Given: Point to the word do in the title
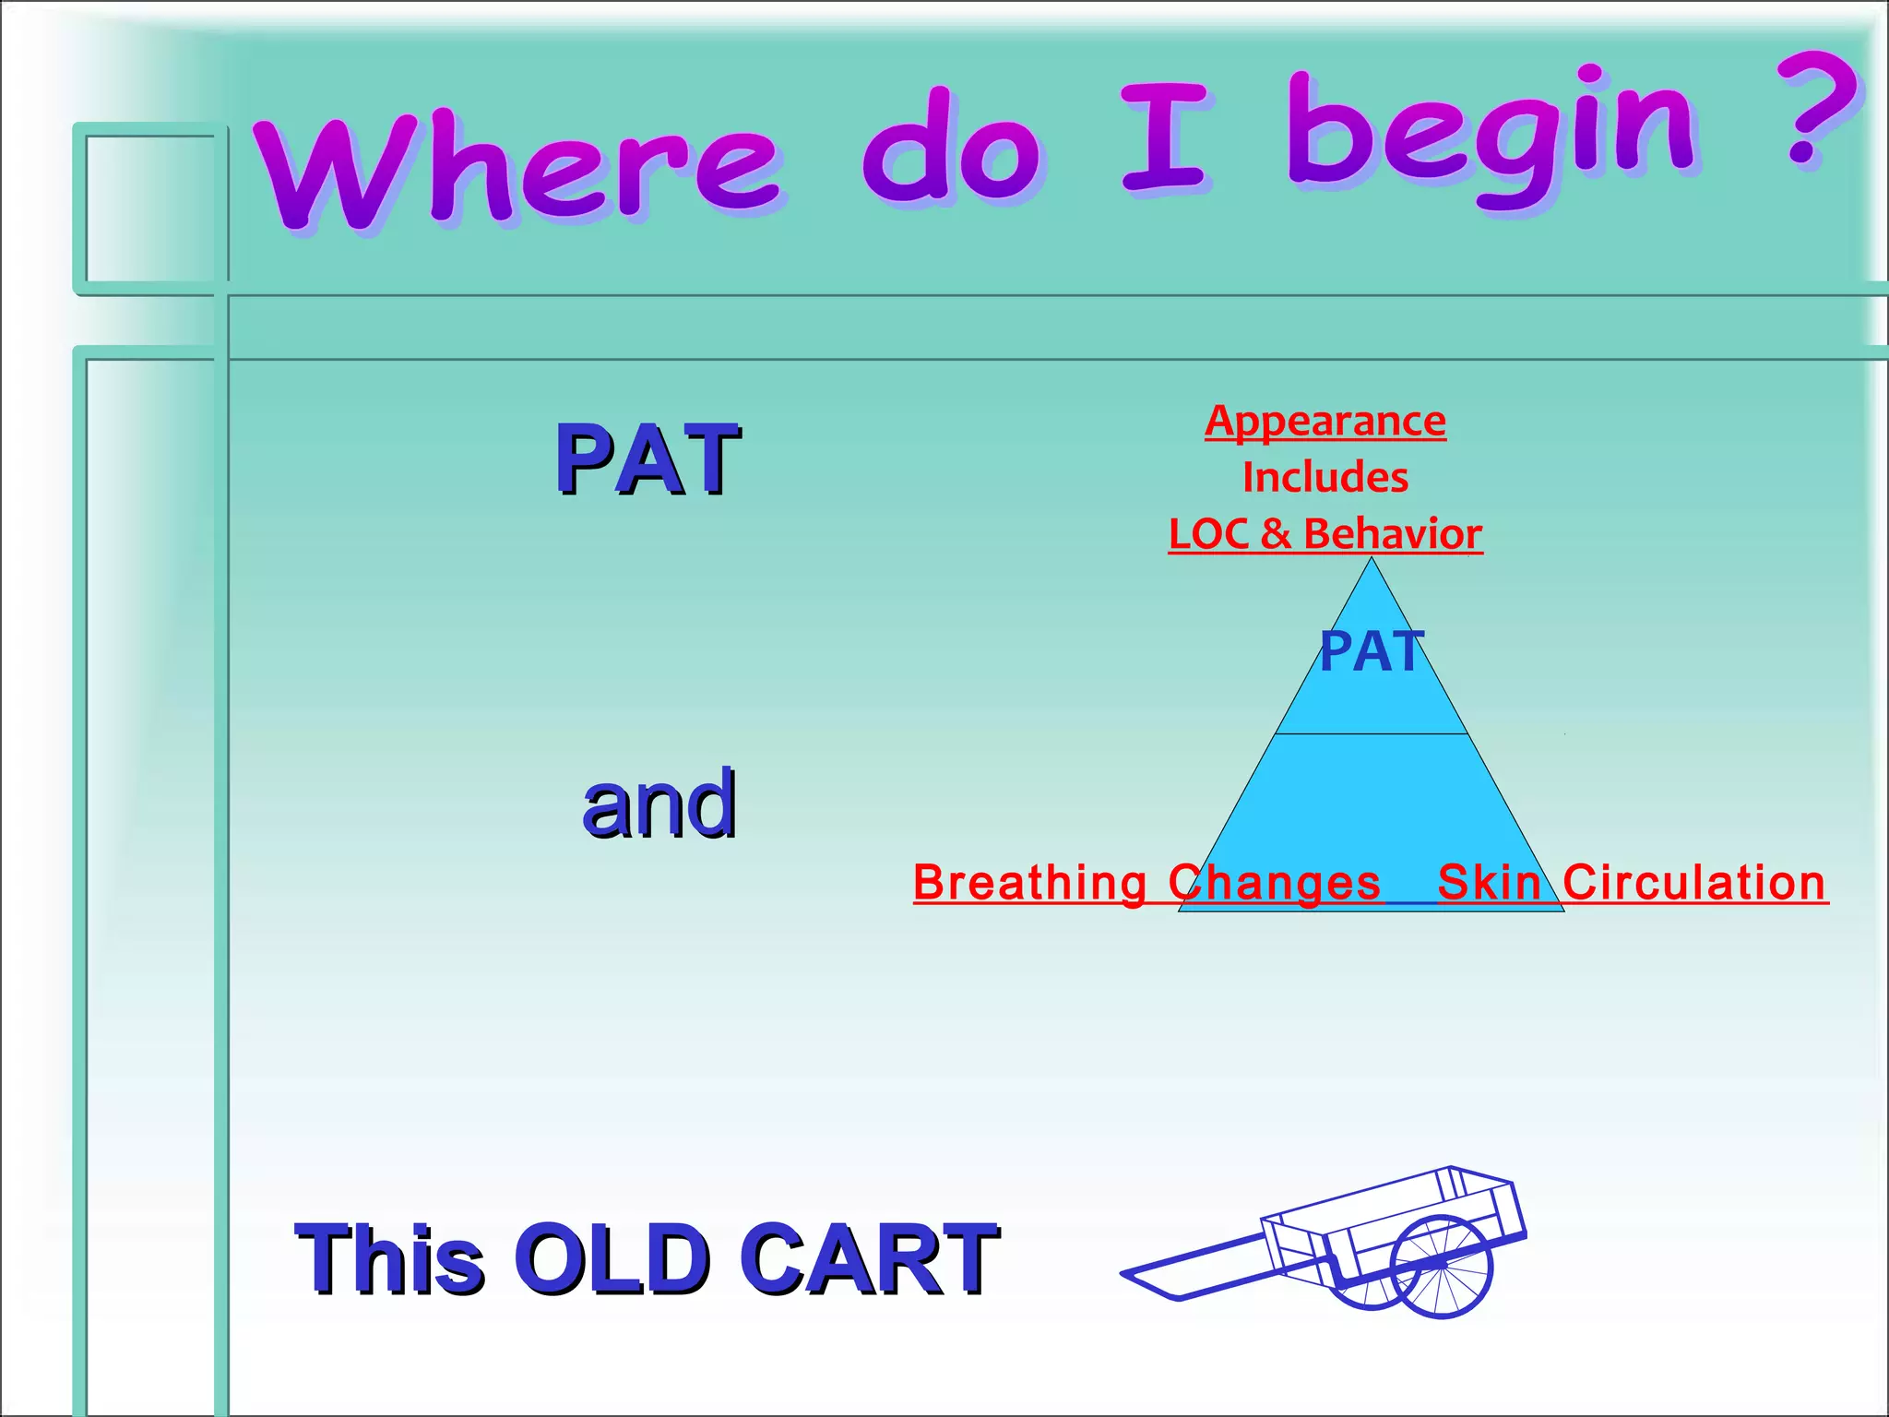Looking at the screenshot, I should click(x=950, y=148).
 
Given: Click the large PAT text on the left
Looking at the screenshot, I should click(x=647, y=459).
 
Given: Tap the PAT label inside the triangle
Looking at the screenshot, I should click(x=1372, y=651).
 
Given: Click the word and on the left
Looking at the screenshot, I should click(x=659, y=804).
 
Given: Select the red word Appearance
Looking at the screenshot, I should click(x=1325, y=422).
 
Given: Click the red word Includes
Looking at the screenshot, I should click(x=1325, y=478).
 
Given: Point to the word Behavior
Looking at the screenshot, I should click(x=1393, y=534).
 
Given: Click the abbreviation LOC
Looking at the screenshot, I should click(x=1208, y=534).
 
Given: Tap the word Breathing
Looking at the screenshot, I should click(x=1030, y=883).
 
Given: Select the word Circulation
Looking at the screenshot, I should click(x=1694, y=883).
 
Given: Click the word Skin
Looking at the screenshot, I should click(x=1490, y=883).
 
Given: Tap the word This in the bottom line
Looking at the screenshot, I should click(x=389, y=1259).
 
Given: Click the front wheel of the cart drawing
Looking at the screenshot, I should click(x=1441, y=1266).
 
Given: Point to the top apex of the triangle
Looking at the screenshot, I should click(x=1372, y=559).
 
